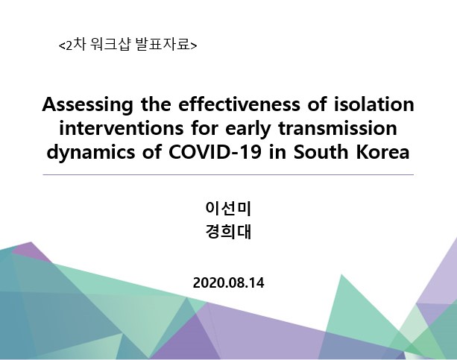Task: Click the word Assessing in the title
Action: (x=87, y=104)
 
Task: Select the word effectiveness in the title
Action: (x=239, y=104)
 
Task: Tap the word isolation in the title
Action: (x=374, y=104)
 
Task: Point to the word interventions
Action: (x=122, y=128)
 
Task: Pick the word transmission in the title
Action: (x=338, y=128)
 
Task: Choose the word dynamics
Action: (x=91, y=153)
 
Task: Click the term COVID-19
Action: (x=215, y=152)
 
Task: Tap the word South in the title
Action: (x=321, y=152)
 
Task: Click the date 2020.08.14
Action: (x=228, y=282)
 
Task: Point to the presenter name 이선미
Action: (x=228, y=208)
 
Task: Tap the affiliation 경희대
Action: (x=228, y=232)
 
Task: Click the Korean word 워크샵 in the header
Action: (x=110, y=45)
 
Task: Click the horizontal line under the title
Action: (x=228, y=175)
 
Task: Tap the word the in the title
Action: (x=156, y=104)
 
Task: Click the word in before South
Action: (x=277, y=152)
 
